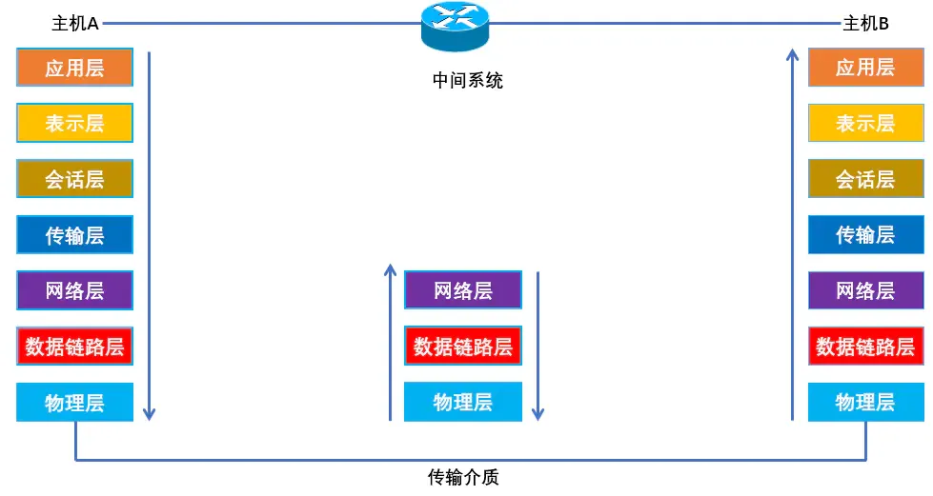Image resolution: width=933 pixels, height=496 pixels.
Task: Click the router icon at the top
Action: [x=455, y=27]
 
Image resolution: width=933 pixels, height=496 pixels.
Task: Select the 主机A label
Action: [x=75, y=24]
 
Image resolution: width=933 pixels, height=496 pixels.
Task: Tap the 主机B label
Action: [x=865, y=24]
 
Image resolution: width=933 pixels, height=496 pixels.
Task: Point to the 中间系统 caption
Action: [x=467, y=81]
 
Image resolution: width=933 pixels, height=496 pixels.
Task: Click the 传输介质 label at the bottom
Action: [x=463, y=477]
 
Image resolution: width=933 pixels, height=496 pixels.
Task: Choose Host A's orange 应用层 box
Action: [x=74, y=68]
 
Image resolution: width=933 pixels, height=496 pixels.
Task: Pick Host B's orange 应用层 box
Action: [x=865, y=68]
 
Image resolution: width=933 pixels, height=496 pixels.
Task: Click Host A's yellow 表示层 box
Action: [x=74, y=123]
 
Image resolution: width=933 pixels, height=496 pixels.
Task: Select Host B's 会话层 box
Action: [x=865, y=179]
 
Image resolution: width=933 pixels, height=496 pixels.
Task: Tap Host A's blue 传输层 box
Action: [x=74, y=235]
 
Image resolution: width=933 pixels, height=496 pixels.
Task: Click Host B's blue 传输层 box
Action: [x=865, y=235]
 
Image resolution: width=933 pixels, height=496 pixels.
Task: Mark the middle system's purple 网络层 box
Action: [x=463, y=290]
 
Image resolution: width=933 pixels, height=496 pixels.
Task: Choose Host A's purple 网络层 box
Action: [x=74, y=290]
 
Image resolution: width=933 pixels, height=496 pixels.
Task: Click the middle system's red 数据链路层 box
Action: [x=463, y=347]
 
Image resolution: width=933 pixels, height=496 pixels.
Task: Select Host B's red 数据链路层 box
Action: [x=865, y=347]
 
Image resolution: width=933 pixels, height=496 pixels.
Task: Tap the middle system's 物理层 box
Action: [x=463, y=402]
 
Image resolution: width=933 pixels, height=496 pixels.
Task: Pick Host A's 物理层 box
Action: [x=74, y=402]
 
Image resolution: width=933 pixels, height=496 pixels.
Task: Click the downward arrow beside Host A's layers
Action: [x=149, y=238]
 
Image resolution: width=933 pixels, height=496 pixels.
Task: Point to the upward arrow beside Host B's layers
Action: [x=792, y=238]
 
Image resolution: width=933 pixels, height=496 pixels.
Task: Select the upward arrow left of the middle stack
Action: [x=390, y=343]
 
